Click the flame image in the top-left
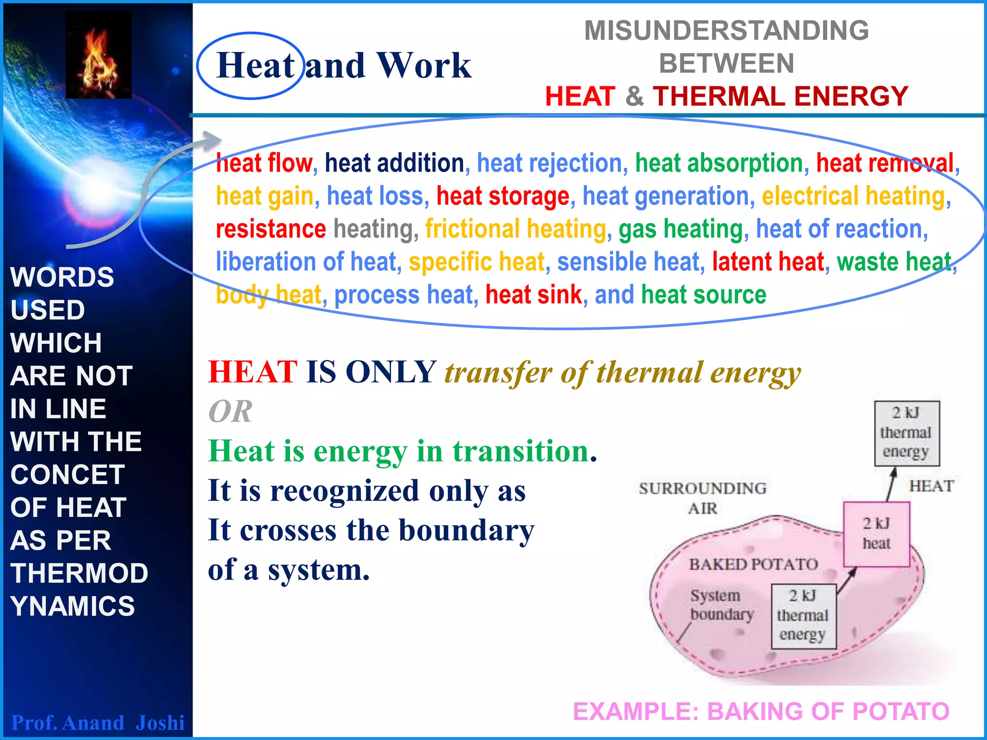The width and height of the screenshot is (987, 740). pos(98,55)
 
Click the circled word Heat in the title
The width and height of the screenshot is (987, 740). pos(255,66)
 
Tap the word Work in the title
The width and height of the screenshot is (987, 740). pos(424,66)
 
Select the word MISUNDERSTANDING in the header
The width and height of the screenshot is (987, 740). pos(726,31)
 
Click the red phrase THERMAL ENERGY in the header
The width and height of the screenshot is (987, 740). pos(780,96)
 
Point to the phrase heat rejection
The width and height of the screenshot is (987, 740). pos(552,163)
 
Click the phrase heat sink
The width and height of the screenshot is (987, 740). pos(534,295)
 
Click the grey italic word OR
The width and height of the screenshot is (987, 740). pos(230,412)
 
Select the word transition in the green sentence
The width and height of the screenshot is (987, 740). pos(520,451)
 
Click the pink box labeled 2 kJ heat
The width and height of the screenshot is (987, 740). pos(876,534)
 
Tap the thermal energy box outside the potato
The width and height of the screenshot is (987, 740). pos(907,433)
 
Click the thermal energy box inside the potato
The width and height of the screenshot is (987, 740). pos(802,616)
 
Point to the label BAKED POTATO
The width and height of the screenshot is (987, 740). pos(753,564)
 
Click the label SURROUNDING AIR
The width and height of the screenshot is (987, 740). pos(703,498)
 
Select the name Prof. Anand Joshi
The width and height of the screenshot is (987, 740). pos(98,723)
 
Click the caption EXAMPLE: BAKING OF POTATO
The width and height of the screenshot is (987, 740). pos(761,712)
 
